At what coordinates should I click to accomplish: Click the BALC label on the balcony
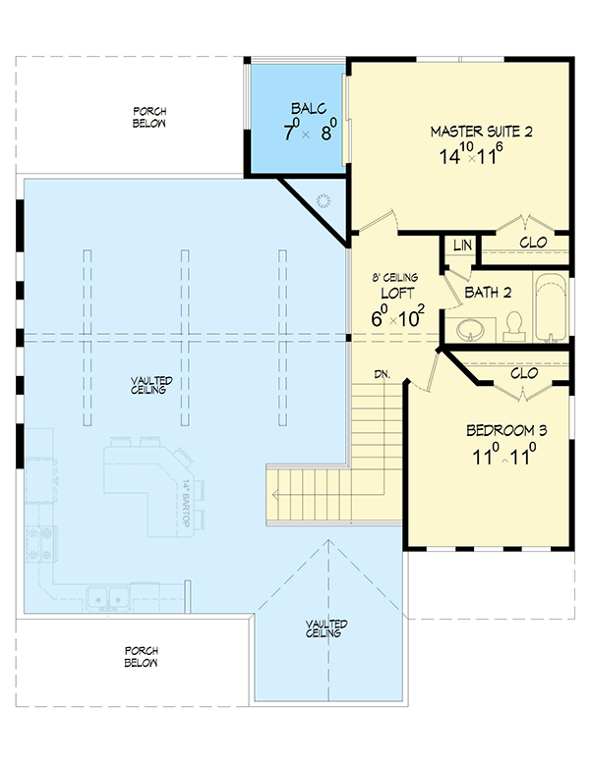click(x=301, y=110)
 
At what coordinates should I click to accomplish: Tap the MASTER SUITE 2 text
click(x=481, y=131)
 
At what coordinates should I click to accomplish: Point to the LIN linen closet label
click(x=459, y=245)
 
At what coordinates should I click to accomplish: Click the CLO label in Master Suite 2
click(x=531, y=242)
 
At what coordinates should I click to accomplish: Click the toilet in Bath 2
click(x=512, y=323)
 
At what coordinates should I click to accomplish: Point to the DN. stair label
click(x=384, y=374)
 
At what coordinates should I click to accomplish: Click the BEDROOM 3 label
click(x=505, y=431)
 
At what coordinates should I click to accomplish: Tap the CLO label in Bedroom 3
click(x=523, y=373)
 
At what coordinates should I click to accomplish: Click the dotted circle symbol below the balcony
click(x=324, y=201)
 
